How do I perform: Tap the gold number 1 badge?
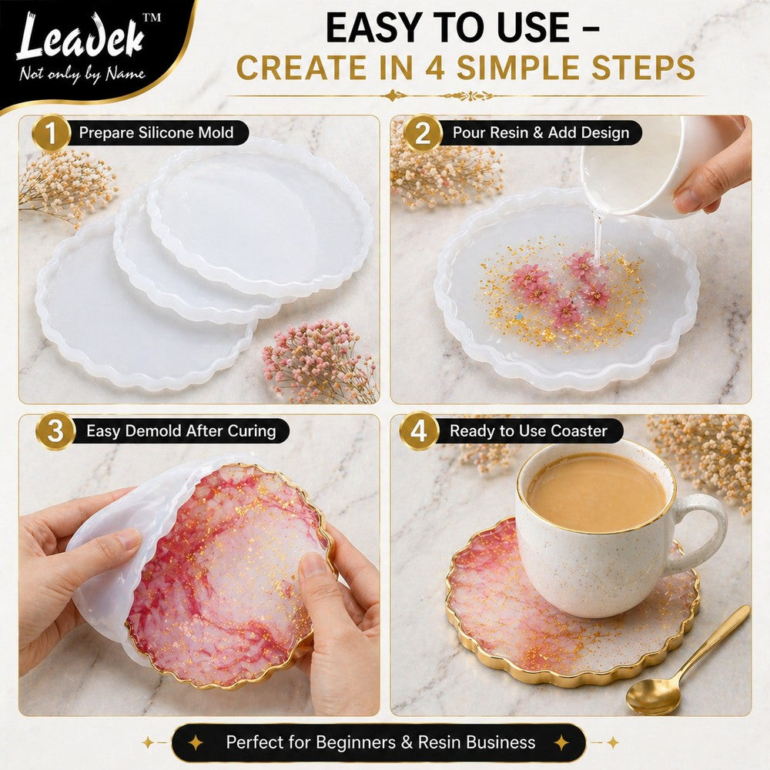tap(51, 132)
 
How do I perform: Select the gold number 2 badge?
tap(423, 132)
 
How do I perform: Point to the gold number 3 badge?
tap(55, 430)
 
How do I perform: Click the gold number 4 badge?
tap(418, 430)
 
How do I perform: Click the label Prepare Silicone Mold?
tap(156, 132)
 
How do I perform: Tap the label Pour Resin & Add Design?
tap(541, 132)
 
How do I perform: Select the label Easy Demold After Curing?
tap(181, 430)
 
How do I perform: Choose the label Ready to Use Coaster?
tap(528, 430)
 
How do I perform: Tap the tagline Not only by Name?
tap(82, 74)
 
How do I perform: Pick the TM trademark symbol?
tap(151, 18)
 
